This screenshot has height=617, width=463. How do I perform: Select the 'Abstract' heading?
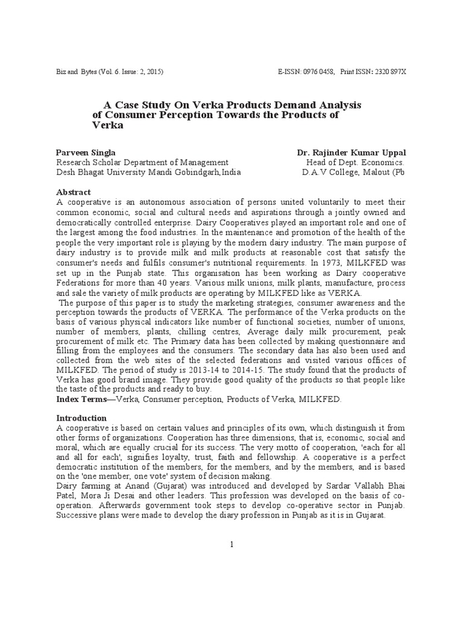point(74,192)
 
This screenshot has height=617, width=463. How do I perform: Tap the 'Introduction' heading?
point(81,418)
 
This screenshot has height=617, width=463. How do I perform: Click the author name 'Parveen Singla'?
point(86,152)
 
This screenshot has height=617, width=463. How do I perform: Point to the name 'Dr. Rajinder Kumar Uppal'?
point(351,152)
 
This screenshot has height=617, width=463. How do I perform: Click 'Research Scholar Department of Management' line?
point(142,162)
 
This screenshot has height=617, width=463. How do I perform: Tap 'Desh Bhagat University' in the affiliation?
point(97,172)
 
